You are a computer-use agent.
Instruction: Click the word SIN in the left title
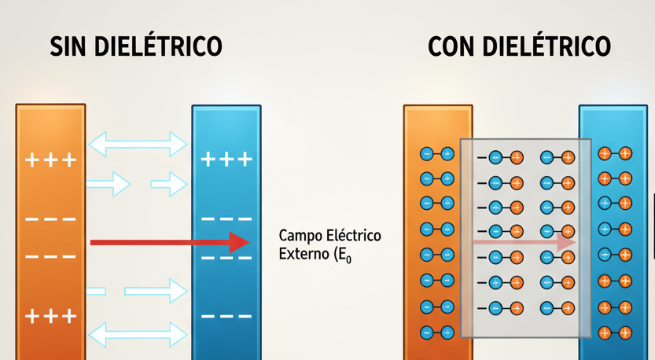pos(69,46)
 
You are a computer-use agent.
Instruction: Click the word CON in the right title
pos(451,46)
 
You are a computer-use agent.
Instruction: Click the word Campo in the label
pos(300,237)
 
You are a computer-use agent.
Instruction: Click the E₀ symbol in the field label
pos(345,255)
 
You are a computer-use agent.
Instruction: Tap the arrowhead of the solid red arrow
pos(239,242)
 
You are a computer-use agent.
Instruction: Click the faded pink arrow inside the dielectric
pos(524,242)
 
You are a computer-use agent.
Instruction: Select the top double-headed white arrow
pos(138,144)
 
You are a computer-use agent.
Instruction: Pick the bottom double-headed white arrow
pos(138,335)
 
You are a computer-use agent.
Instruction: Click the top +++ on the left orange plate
pos(51,160)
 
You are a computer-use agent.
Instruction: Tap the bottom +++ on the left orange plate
pos(51,317)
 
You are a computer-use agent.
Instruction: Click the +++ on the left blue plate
pos(226,159)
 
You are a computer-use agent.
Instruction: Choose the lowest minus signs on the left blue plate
pos(226,316)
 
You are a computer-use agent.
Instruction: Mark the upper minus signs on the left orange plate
pos(50,219)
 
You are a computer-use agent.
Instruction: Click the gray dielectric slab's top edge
pos(526,139)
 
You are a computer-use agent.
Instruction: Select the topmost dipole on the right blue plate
pos(615,154)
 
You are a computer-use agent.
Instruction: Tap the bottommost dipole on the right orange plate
pos(437,332)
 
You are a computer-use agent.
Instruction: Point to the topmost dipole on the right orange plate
pos(437,154)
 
